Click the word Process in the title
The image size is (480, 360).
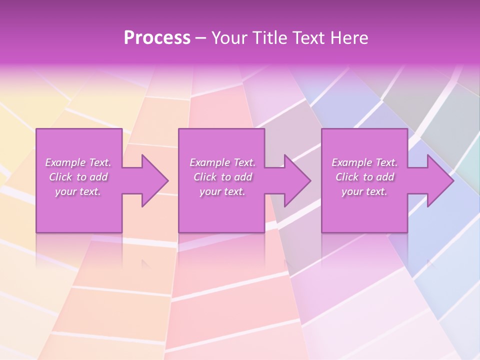click(157, 38)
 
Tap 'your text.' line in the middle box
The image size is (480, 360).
click(222, 191)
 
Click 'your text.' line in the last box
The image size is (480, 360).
click(364, 191)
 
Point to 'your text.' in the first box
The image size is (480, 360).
click(78, 191)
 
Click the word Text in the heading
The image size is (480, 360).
click(306, 38)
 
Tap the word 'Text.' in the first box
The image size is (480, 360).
click(100, 162)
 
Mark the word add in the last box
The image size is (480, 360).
click(385, 177)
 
